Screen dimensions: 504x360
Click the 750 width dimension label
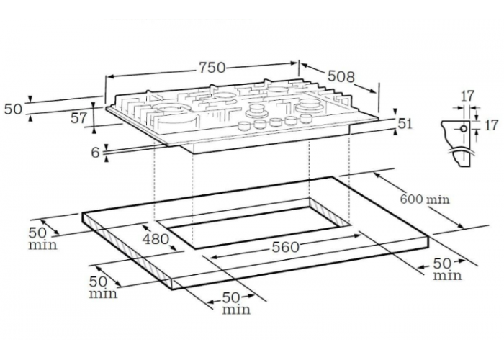212,68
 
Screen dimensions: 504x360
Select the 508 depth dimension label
341,76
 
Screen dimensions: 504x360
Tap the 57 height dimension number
78,118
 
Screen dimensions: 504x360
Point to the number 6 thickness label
96,153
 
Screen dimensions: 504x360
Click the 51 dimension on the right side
405,123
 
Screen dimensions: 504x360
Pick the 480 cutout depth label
156,239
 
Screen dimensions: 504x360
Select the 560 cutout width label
285,247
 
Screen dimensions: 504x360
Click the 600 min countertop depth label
424,199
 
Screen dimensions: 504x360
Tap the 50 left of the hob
13,109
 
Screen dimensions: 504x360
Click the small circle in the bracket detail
464,129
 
